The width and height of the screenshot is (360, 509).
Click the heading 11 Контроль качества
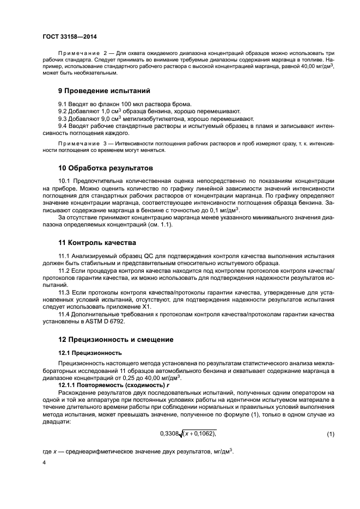point(98,242)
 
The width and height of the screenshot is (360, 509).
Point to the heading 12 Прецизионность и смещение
point(116,339)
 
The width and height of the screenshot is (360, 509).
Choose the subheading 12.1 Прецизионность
point(90,353)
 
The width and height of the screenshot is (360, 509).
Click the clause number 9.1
point(63,103)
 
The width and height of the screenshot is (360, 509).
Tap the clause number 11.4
point(65,314)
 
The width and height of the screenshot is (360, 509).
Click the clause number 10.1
point(65,180)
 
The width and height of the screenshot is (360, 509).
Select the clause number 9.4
point(63,125)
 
